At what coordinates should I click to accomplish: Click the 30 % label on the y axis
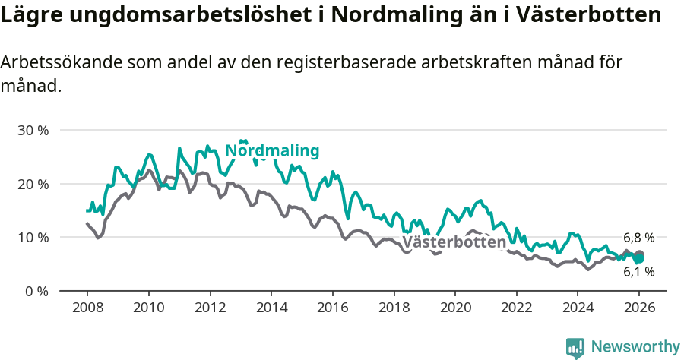[33, 130]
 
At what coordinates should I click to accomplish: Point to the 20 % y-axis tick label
[33, 184]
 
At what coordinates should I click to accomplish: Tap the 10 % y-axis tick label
[33, 237]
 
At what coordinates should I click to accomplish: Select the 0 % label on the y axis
[36, 291]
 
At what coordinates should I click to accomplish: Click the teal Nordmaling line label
[272, 150]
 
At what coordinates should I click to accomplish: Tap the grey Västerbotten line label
[454, 242]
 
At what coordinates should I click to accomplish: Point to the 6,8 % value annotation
[638, 237]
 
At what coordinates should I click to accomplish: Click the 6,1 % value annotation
[638, 271]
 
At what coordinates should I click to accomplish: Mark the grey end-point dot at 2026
[640, 254]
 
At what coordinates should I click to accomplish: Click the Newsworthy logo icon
[575, 347]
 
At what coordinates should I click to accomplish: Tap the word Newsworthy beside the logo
[635, 347]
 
